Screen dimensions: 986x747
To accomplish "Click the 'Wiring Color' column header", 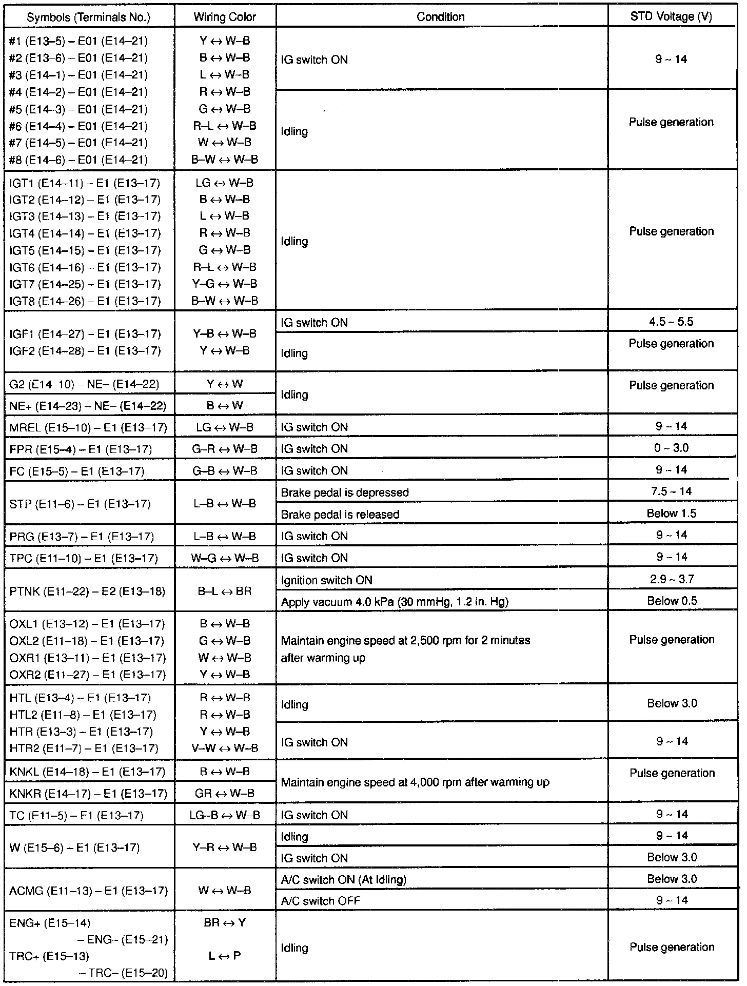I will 225,17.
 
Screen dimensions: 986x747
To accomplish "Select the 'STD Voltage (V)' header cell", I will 671,16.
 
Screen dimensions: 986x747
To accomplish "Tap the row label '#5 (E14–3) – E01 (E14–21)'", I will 78,109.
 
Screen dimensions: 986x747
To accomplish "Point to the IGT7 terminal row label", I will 85,284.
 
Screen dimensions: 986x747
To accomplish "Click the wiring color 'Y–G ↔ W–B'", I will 225,284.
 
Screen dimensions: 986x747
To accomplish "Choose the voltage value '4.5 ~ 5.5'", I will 671,322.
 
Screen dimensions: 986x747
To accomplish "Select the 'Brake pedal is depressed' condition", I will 345,492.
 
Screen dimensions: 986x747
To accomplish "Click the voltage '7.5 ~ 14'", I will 671,491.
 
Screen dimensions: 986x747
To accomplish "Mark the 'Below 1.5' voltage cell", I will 671,514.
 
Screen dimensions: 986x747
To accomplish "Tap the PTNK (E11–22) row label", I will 87,591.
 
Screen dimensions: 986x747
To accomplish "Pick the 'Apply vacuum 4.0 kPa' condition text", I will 395,602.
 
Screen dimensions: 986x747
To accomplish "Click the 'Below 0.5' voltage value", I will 672,601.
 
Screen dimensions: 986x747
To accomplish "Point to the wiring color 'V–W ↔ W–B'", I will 225,748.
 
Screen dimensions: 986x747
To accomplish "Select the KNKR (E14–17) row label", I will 88,794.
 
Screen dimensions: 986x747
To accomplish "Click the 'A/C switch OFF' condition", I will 321,901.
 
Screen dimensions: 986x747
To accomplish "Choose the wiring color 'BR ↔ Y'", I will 225,923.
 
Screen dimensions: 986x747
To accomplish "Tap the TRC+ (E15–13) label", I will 49,956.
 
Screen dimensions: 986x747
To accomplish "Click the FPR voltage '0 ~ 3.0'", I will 671,448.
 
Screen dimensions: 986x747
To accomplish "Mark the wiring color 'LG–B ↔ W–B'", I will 225,815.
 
